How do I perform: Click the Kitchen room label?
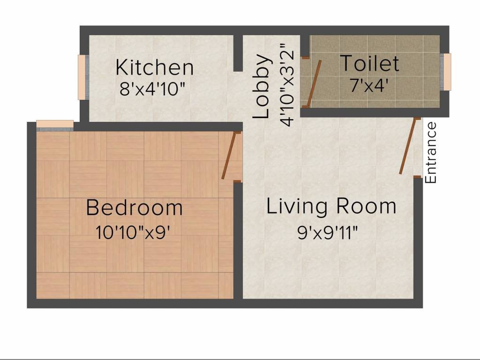154,67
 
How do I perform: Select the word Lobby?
262,87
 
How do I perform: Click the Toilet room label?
369,63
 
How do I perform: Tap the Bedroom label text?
135,208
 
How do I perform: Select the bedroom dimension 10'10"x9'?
132,232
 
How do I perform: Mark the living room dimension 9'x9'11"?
331,232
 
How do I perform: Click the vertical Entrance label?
431,152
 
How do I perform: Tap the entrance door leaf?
408,146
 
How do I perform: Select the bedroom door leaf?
230,156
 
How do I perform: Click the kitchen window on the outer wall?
82,77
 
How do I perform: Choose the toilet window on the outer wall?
447,72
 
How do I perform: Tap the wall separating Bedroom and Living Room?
238,239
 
